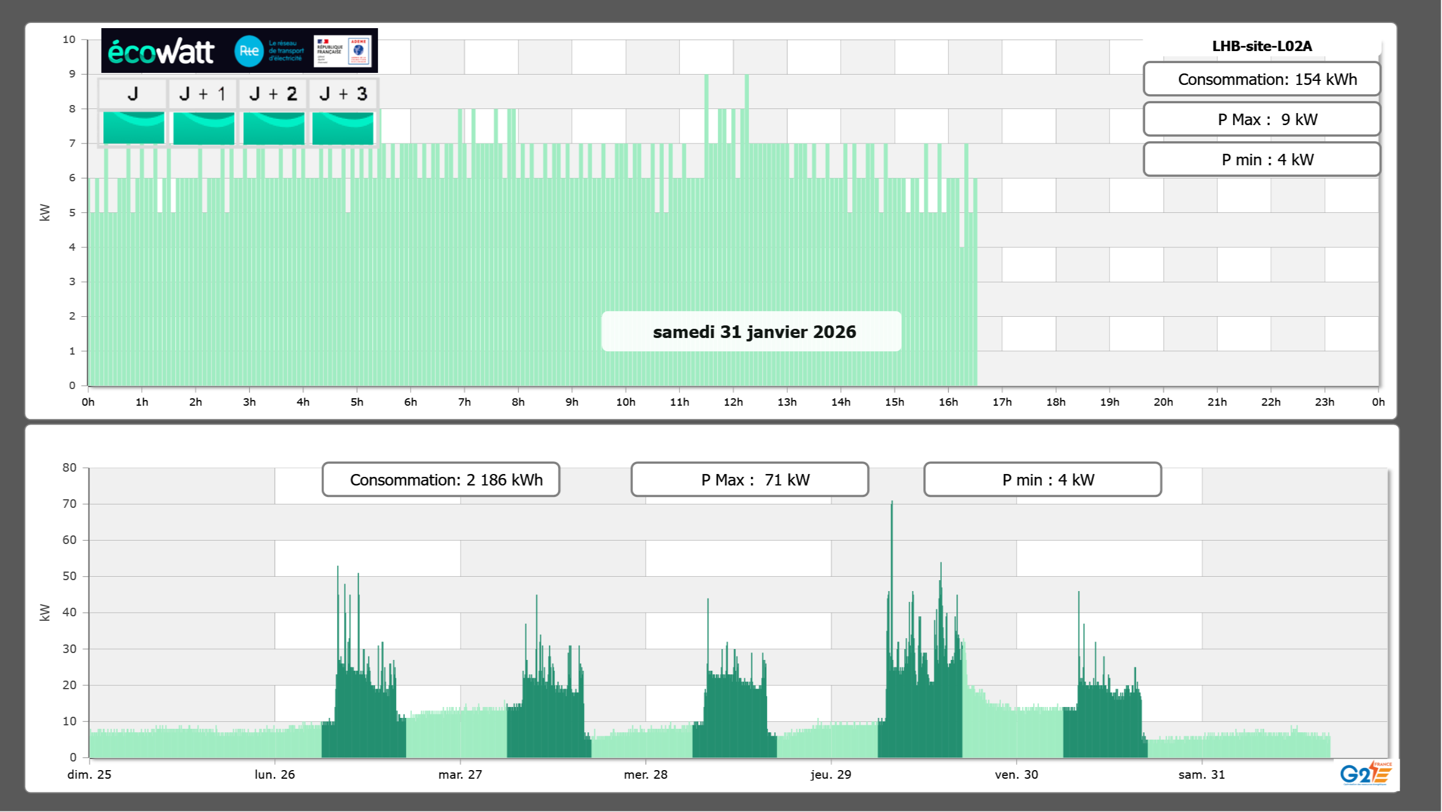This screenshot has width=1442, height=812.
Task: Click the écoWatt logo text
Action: (x=161, y=52)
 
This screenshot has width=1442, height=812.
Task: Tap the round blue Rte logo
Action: (x=249, y=51)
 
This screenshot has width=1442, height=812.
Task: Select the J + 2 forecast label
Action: (x=273, y=94)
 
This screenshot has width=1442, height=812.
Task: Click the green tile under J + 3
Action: (x=343, y=128)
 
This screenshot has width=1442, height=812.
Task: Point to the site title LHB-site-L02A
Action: (x=1262, y=46)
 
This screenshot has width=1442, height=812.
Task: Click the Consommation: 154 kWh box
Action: (x=1262, y=79)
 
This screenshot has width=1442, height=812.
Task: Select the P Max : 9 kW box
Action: (x=1262, y=119)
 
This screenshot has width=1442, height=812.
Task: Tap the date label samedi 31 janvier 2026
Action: (x=754, y=332)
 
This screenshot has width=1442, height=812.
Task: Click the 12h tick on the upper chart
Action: (x=733, y=402)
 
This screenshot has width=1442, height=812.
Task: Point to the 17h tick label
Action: (x=1002, y=402)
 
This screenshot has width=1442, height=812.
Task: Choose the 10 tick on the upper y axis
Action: (x=69, y=40)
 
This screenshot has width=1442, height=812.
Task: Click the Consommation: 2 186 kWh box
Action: (x=441, y=480)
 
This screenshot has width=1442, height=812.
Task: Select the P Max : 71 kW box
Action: (x=749, y=480)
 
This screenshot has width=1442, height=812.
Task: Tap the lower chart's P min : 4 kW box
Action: (x=1042, y=480)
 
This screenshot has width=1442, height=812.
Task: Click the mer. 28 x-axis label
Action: (x=645, y=774)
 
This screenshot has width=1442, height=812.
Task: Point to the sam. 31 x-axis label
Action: (x=1201, y=774)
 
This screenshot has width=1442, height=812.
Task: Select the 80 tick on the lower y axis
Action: (x=69, y=468)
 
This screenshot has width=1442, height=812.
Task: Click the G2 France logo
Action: (x=1365, y=773)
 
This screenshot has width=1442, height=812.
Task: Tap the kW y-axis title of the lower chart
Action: (x=45, y=612)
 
